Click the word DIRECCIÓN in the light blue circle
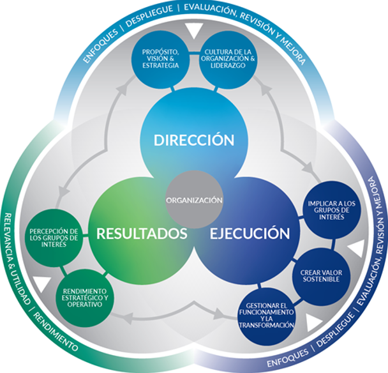pyautogui.click(x=194, y=139)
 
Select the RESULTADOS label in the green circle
pyautogui.click(x=142, y=233)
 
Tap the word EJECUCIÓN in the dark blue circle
pyautogui.click(x=250, y=233)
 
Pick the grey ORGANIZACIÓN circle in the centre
pyautogui.click(x=194, y=200)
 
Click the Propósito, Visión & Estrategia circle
pyautogui.click(x=160, y=59)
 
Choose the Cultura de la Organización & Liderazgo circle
pyautogui.click(x=228, y=59)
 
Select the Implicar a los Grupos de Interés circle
pyautogui.click(x=332, y=210)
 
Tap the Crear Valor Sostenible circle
pyautogui.click(x=321, y=276)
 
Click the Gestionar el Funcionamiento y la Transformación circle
pyautogui.click(x=267, y=316)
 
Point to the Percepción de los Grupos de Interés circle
pyautogui.click(x=54, y=238)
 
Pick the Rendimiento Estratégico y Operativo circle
pyautogui.click(x=85, y=298)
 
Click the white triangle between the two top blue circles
pyautogui.click(x=194, y=31)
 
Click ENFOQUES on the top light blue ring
pyautogui.click(x=100, y=46)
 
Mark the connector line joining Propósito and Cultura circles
pyautogui.click(x=194, y=52)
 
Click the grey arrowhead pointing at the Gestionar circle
pyautogui.click(x=220, y=314)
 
